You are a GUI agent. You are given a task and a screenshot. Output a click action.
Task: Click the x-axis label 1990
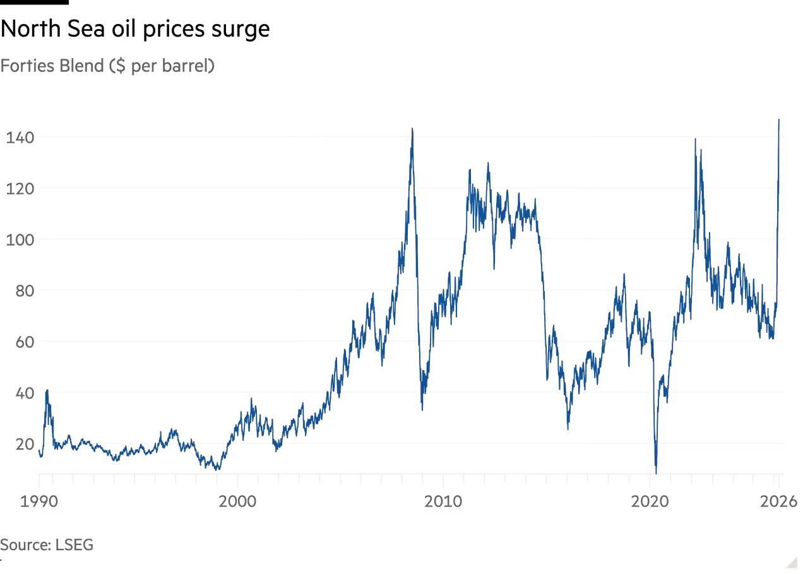click(x=41, y=501)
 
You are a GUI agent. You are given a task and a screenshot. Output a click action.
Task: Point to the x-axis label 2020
click(x=651, y=501)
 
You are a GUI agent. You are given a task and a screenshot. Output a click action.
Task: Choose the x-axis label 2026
click(x=773, y=501)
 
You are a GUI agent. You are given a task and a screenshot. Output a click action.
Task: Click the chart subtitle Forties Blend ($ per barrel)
click(x=107, y=65)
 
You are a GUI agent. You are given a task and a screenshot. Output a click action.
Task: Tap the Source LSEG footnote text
click(x=47, y=544)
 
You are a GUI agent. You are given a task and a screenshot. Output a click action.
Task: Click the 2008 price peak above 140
click(x=412, y=129)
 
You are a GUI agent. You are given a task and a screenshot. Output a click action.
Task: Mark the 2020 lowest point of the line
click(x=656, y=471)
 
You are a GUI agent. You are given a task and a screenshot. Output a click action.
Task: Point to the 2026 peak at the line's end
click(x=781, y=118)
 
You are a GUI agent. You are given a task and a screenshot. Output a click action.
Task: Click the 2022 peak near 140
click(x=695, y=139)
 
